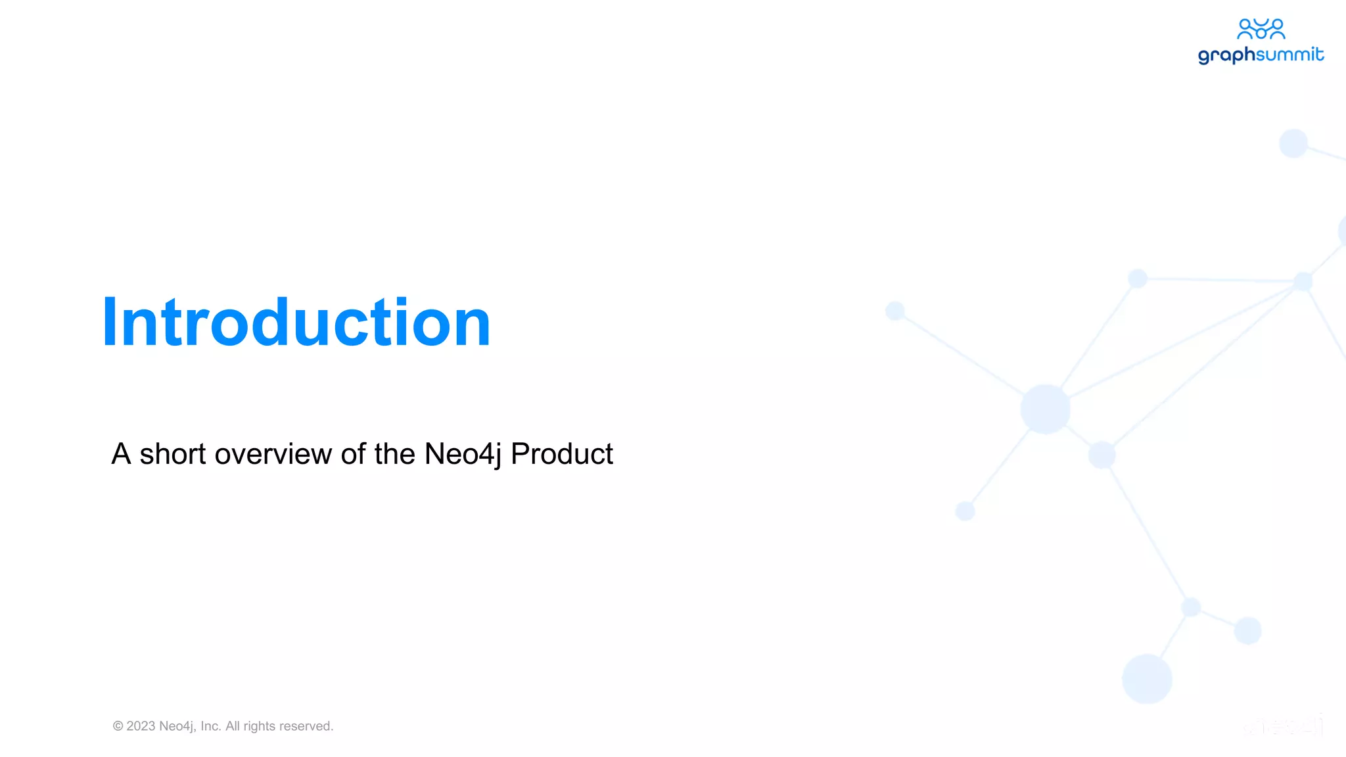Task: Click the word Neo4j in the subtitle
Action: (463, 454)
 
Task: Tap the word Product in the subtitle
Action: (561, 454)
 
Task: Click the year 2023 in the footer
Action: (141, 726)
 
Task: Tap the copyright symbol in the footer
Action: (118, 726)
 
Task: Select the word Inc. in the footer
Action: (211, 726)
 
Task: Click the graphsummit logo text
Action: (1261, 55)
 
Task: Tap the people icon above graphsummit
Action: (1261, 29)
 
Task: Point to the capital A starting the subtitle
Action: (121, 454)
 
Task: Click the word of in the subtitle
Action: (353, 454)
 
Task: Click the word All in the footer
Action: (233, 726)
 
